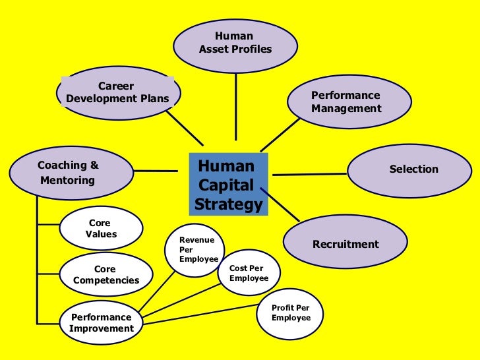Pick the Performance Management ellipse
[349, 102]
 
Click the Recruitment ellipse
[345, 244]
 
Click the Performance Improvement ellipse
[101, 322]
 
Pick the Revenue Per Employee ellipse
[198, 249]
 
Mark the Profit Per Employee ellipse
[291, 313]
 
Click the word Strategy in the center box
[229, 205]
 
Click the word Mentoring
[68, 180]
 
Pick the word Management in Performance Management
[346, 109]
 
